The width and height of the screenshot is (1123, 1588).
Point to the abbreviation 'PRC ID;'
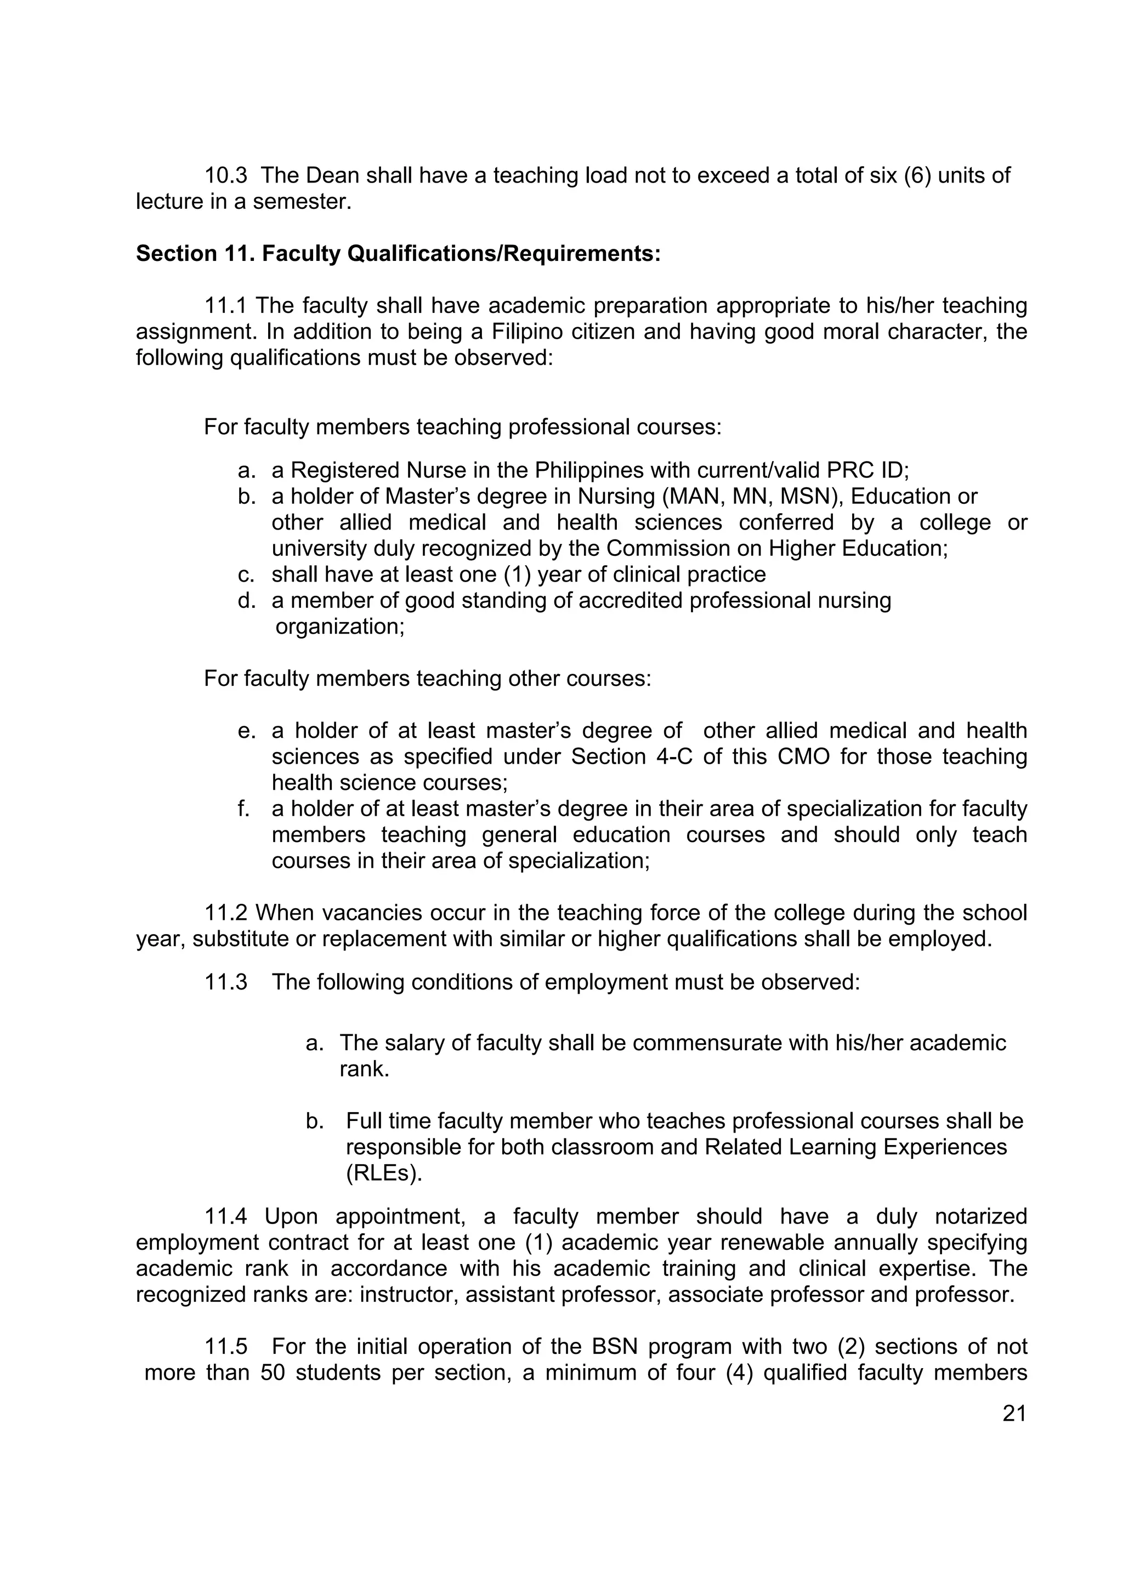[867, 470]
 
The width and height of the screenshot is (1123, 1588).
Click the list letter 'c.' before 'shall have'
[246, 575]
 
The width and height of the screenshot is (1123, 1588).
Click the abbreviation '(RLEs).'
[384, 1173]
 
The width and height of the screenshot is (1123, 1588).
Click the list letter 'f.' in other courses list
[243, 809]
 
